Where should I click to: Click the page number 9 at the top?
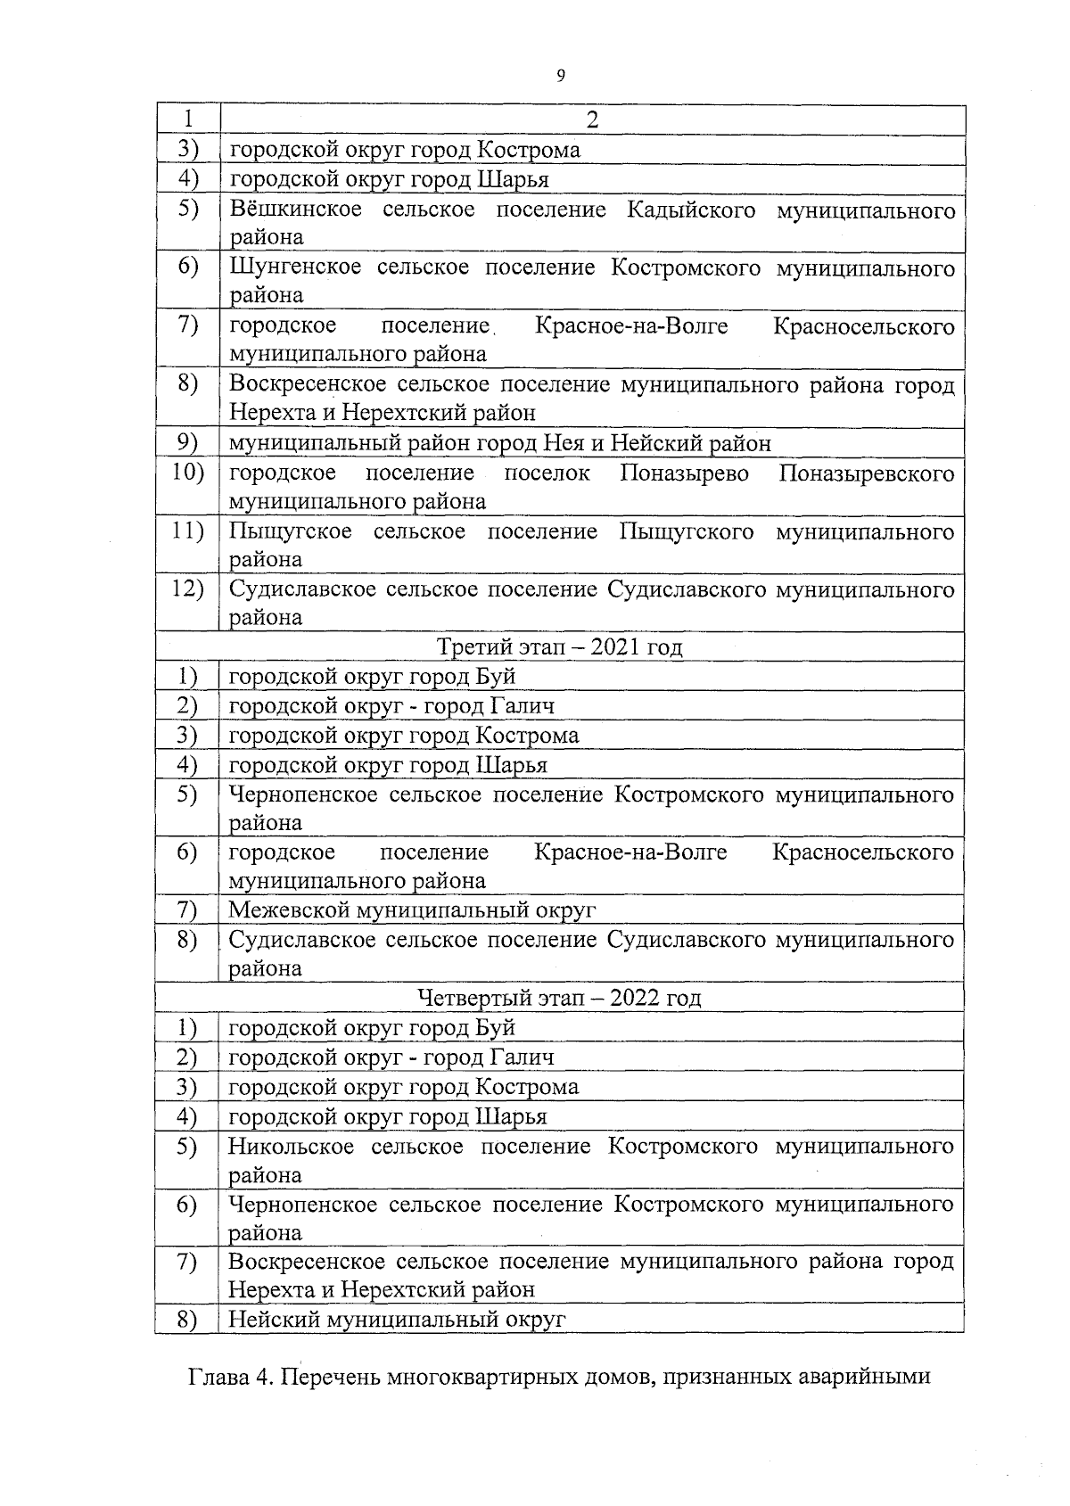pos(560,76)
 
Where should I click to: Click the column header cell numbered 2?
pos(592,119)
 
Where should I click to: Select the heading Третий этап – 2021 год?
pos(560,646)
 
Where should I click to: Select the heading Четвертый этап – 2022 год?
pos(560,997)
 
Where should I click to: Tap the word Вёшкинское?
pos(296,210)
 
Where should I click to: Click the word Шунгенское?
pos(295,267)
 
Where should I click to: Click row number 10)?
pos(188,473)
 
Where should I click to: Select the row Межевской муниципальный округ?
pos(412,909)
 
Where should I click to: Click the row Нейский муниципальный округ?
pos(398,1319)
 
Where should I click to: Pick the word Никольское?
pos(291,1146)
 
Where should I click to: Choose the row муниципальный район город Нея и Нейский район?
pos(499,442)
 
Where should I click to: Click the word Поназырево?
pos(684,473)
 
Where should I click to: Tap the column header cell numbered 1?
pos(188,119)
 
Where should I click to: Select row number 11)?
pos(188,531)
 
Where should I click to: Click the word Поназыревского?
pos(867,473)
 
